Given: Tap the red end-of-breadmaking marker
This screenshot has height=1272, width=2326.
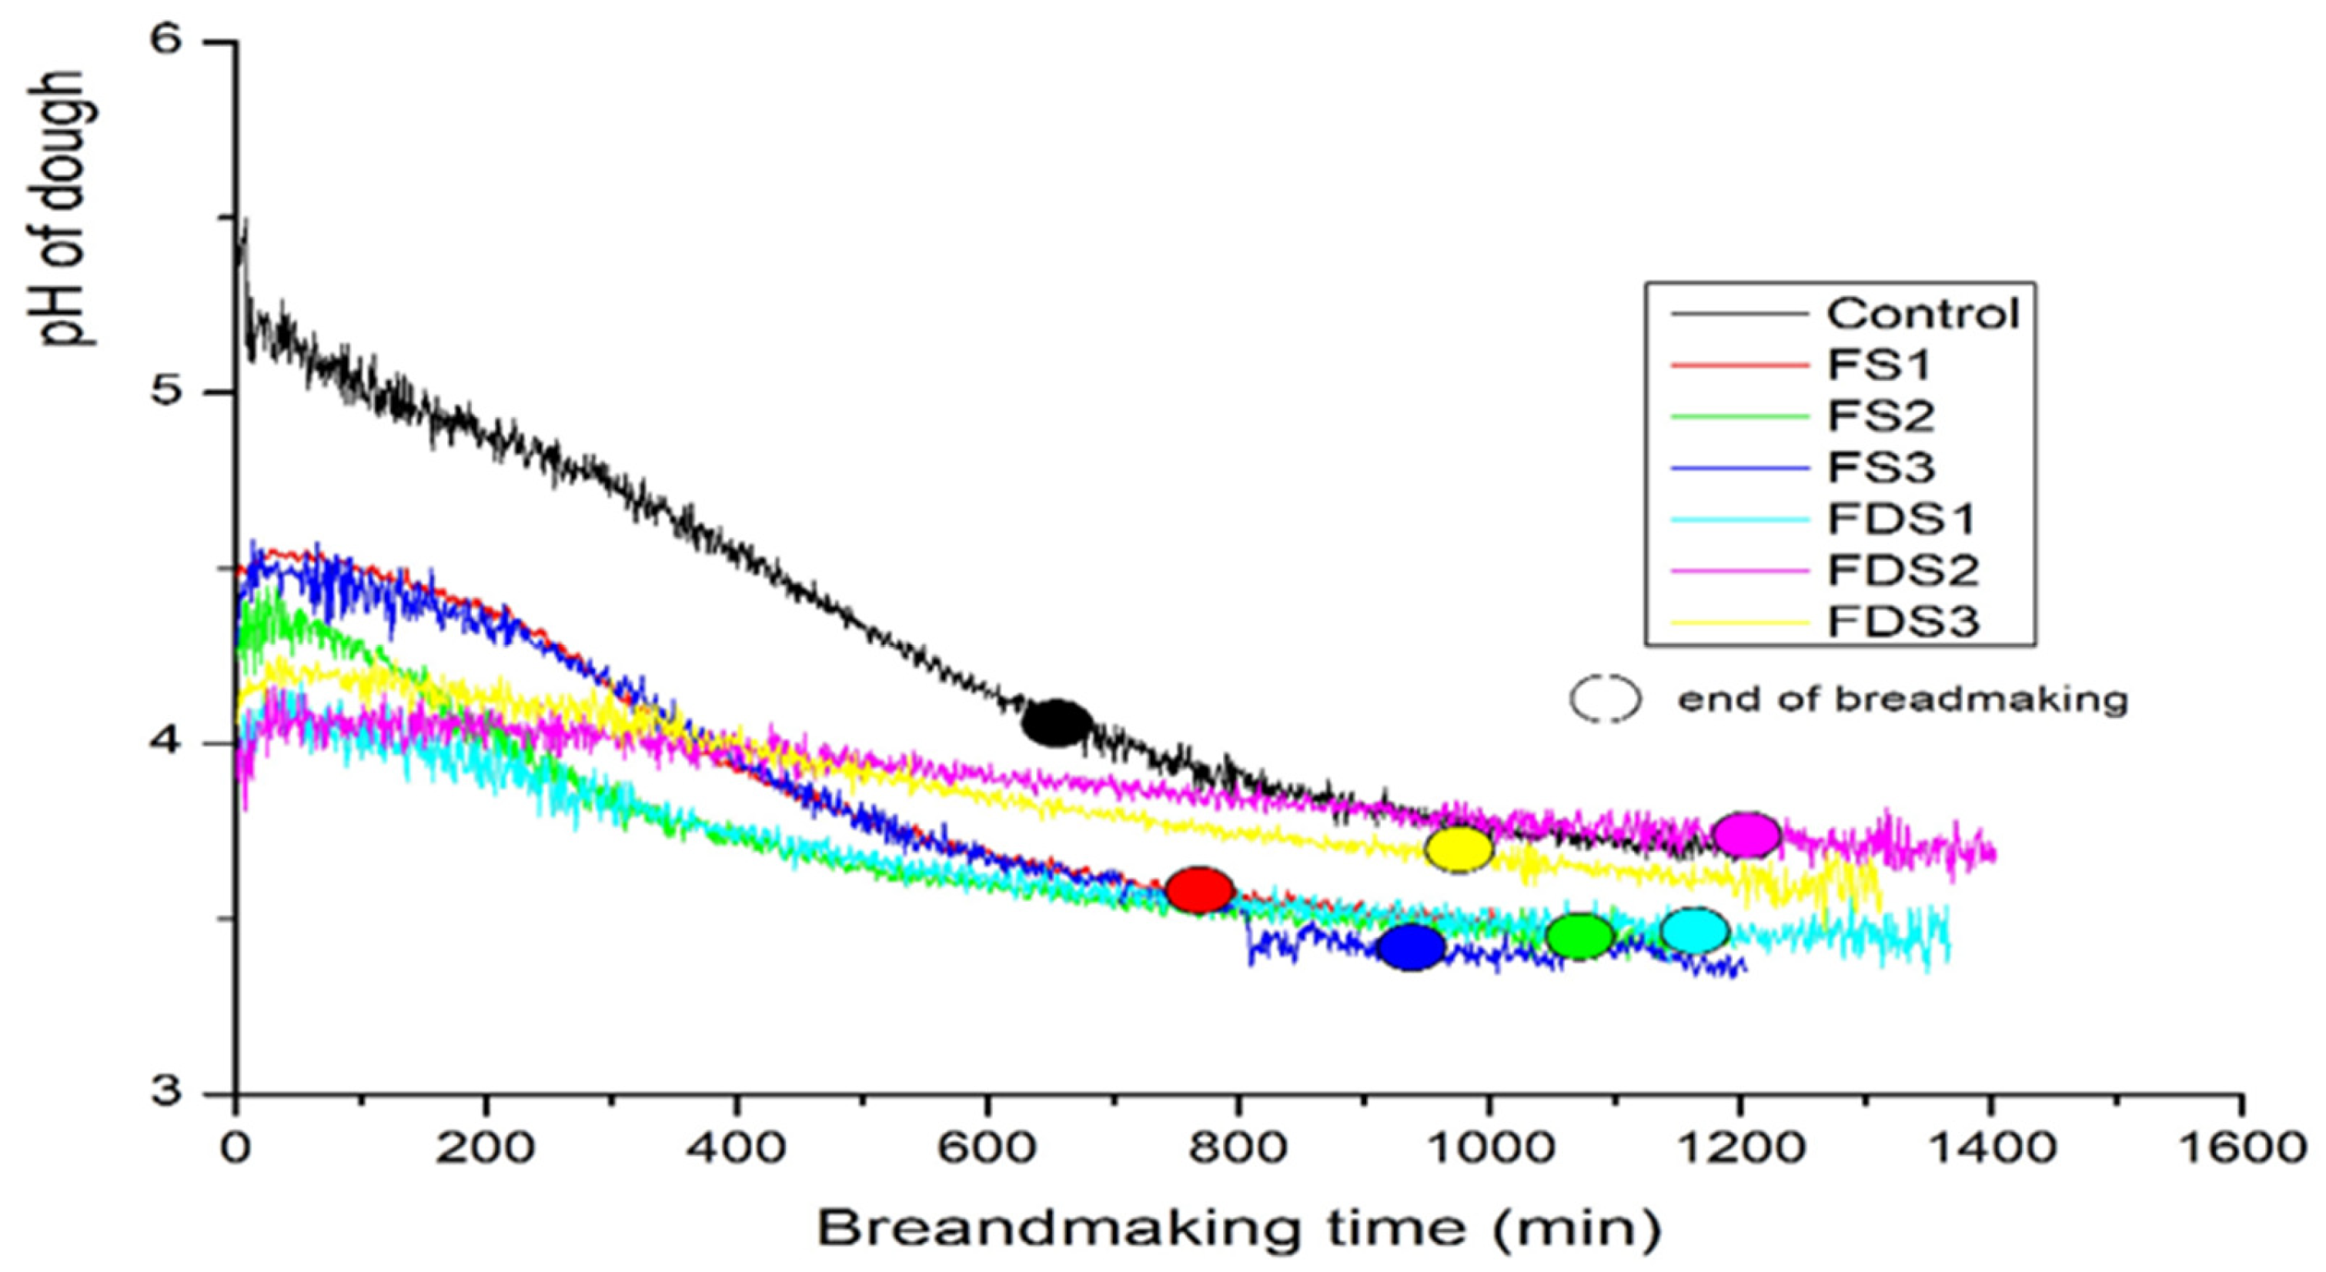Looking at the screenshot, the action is pos(1199,890).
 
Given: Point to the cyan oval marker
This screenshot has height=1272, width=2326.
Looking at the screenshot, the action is pos(1695,931).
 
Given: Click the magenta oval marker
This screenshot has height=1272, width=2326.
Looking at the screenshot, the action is pos(1746,834).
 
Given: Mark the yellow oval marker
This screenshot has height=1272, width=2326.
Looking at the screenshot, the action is pos(1459,849).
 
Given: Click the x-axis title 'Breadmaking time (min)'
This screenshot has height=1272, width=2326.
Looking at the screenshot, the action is pos(1239,1229).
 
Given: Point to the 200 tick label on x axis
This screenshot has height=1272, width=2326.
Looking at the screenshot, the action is pos(486,1149).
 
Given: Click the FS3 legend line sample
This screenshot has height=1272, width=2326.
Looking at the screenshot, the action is pos(1740,468).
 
